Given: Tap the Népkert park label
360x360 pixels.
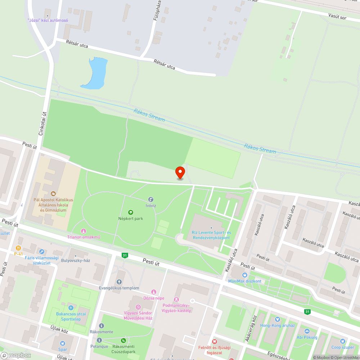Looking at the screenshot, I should (131, 219).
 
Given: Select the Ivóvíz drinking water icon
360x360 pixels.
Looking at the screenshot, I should (150, 199).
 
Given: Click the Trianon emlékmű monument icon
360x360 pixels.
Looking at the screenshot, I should (84, 231).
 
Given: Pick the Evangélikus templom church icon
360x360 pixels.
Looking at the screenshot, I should (119, 282).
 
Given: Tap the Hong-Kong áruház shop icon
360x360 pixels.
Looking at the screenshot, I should (277, 319).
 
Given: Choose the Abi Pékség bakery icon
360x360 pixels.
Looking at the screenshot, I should (307, 331).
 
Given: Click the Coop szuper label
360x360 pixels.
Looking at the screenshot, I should (342, 347).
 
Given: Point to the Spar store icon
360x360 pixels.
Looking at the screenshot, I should (63, 343).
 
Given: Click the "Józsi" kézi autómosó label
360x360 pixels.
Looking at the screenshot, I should (48, 21).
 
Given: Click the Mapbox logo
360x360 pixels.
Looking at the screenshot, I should (16, 355).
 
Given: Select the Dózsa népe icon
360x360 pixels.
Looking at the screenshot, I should (154, 292).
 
